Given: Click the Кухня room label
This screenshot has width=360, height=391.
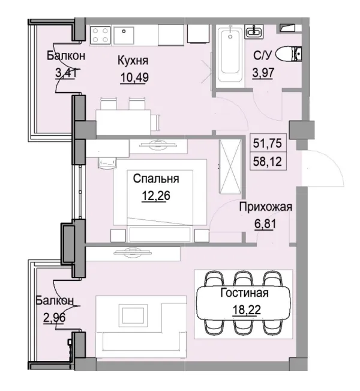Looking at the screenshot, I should click(133, 61).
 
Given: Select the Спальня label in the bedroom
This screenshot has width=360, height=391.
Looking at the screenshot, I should click(156, 178).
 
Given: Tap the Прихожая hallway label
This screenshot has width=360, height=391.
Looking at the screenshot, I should click(265, 208).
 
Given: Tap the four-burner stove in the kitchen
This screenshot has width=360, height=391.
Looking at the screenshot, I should click(100, 34).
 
